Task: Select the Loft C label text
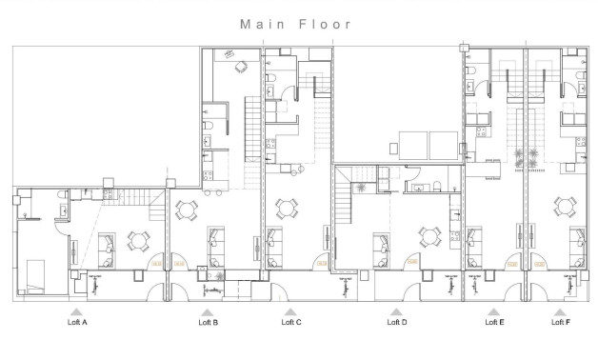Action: coord(291,323)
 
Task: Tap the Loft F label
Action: coord(561,323)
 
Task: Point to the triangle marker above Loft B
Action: coord(207,311)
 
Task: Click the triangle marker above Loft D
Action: coord(396,311)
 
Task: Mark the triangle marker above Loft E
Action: coord(494,311)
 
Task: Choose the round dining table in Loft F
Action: coord(567,205)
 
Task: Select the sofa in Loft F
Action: coord(577,244)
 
